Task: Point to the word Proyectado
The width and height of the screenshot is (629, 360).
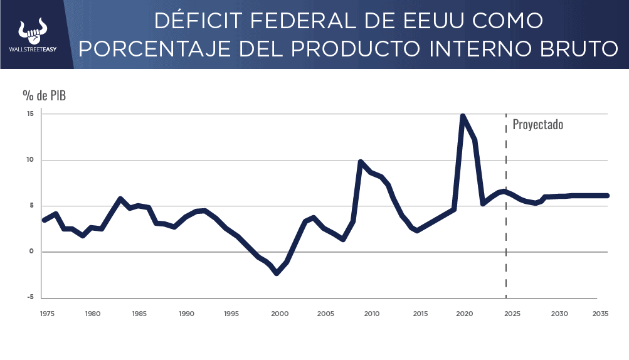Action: [x=538, y=124]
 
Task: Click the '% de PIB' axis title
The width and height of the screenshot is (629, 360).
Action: [x=44, y=95]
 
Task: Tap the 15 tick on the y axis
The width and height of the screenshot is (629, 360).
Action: [x=29, y=114]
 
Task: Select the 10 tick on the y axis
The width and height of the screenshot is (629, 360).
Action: [x=29, y=160]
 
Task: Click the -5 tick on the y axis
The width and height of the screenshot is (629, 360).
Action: [x=29, y=297]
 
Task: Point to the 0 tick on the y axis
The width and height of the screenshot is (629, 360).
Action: [x=31, y=251]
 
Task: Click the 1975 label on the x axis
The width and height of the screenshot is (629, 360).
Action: [x=46, y=314]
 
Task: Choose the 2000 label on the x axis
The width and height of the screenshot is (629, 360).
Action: [x=280, y=314]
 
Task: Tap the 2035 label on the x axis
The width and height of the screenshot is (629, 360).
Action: [x=601, y=314]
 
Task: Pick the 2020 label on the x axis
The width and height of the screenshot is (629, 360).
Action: [x=464, y=314]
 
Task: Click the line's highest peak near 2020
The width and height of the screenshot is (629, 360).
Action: [x=463, y=116]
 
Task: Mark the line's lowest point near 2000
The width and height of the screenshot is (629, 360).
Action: [x=277, y=273]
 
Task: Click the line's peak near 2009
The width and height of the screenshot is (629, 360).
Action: [x=361, y=162]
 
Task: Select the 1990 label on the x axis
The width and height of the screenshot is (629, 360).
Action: [x=186, y=314]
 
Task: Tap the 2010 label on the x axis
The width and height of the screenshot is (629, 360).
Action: [x=371, y=314]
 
